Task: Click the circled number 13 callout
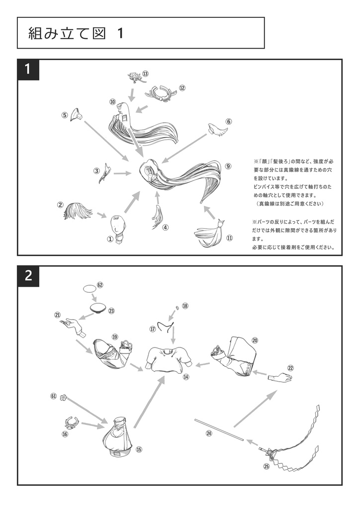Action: tap(145, 74)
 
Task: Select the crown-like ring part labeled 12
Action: tap(162, 93)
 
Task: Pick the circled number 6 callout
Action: tap(228, 121)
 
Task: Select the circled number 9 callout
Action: tap(228, 167)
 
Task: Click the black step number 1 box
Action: tap(28, 70)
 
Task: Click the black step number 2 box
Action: tap(28, 276)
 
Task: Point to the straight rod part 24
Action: tap(219, 429)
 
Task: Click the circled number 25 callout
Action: tap(266, 466)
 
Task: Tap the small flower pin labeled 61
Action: tap(64, 397)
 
